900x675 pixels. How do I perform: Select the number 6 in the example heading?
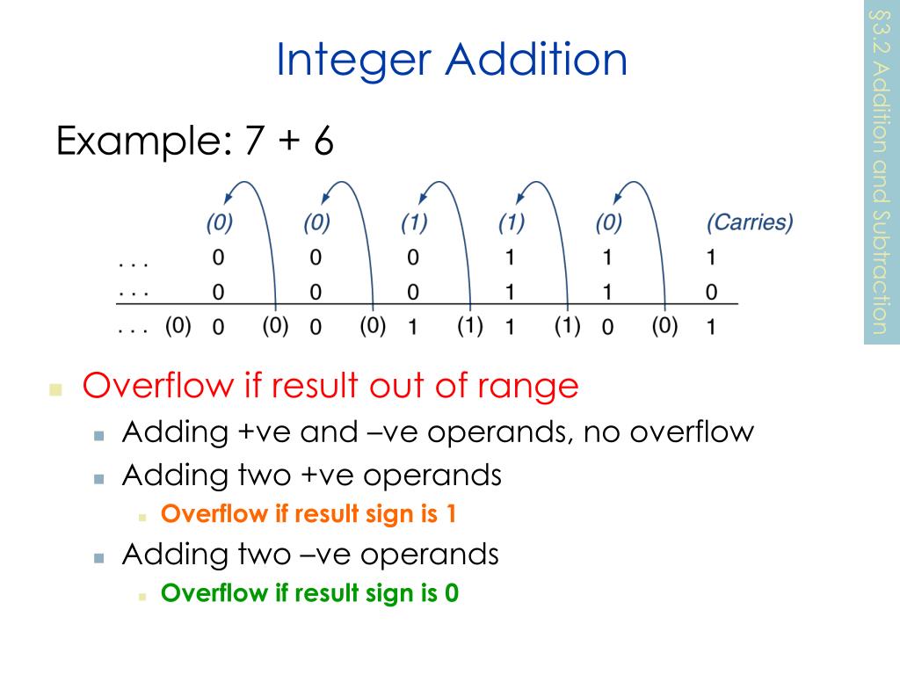pos(323,142)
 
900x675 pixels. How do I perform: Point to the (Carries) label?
pos(750,223)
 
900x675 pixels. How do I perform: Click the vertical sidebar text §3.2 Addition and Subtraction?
pos(882,171)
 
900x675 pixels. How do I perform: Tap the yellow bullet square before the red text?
pos(57,388)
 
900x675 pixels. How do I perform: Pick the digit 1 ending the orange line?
pos(450,514)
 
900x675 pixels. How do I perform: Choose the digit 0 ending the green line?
pos(452,593)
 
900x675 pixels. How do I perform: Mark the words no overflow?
pos(665,432)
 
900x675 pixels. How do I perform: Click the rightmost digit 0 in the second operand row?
pos(712,292)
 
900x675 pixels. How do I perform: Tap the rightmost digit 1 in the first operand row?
pos(712,258)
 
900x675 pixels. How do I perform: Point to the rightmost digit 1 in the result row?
pos(712,328)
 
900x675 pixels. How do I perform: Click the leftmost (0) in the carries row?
pos(219,223)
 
